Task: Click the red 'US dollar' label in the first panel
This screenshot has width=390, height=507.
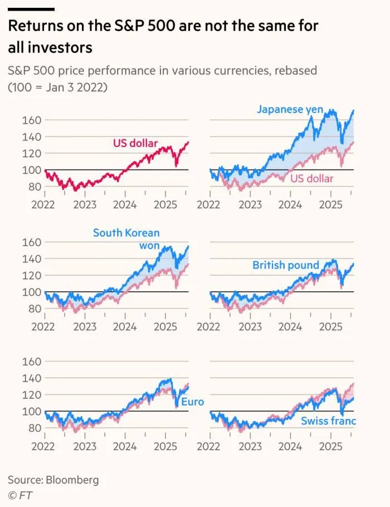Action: (135, 143)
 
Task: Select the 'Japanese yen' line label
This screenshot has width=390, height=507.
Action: (290, 109)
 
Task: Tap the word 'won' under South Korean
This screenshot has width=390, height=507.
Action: (149, 246)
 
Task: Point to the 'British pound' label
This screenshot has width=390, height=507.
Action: (286, 265)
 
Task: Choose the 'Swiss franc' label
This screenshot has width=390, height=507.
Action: (328, 421)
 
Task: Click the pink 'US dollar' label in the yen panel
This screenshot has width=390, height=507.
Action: (312, 178)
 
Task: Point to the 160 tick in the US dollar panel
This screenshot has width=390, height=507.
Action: (31, 120)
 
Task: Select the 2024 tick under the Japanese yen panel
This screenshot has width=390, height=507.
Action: (290, 204)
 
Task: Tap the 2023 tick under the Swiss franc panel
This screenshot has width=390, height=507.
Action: (250, 446)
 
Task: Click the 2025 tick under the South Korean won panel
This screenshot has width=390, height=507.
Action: (165, 326)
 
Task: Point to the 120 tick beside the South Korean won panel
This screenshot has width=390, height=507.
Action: (31, 275)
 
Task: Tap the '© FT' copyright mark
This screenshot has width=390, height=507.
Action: (18, 494)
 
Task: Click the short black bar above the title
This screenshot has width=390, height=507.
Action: (31, 9)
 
